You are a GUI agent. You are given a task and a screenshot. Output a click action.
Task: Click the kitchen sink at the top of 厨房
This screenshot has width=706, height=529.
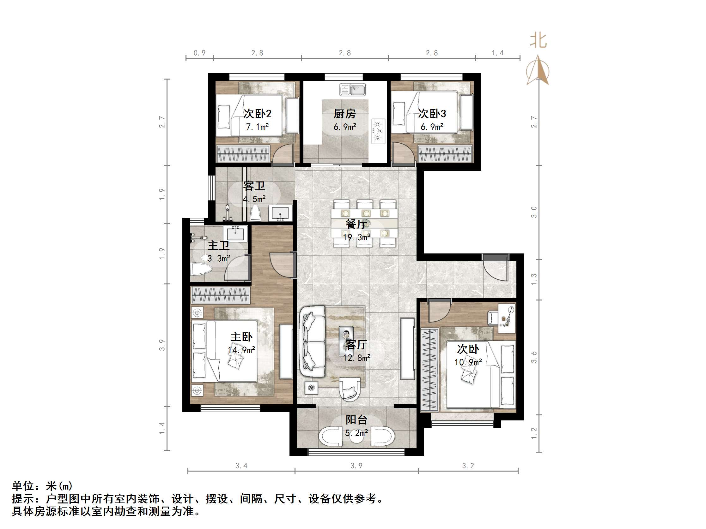(352, 90)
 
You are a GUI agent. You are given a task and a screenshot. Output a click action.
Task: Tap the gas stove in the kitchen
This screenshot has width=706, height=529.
(379, 131)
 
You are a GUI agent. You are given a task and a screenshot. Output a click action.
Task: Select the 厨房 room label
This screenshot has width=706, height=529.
(344, 114)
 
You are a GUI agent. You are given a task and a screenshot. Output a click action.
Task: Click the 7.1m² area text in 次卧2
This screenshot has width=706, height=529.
(257, 127)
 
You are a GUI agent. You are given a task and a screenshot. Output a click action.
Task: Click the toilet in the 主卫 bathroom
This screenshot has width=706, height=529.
(200, 269)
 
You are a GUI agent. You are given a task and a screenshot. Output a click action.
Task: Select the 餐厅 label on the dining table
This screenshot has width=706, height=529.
(356, 224)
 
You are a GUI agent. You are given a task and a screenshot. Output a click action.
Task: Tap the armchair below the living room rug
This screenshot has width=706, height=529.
(350, 389)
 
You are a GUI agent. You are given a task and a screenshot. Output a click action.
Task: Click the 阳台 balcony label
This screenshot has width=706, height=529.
(356, 420)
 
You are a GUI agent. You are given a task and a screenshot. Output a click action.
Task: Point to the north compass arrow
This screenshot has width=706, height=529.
(538, 71)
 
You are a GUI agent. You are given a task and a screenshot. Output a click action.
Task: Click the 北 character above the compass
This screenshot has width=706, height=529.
(538, 41)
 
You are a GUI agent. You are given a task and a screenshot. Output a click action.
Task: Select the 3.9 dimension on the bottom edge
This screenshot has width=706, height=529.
(356, 466)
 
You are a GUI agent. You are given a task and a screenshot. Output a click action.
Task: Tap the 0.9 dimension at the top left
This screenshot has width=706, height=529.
(199, 53)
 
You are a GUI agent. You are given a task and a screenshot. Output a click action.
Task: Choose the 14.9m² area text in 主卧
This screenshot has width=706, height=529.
(241, 350)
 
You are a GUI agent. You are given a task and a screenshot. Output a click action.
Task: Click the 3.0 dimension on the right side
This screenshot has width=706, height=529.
(534, 212)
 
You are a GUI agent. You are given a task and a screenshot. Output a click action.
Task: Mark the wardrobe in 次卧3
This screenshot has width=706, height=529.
(445, 153)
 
